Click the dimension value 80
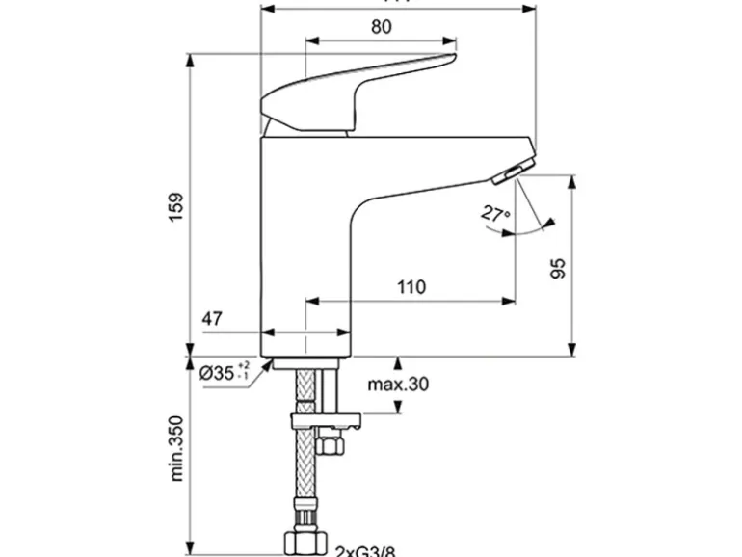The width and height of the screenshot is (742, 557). pyautogui.click(x=381, y=27)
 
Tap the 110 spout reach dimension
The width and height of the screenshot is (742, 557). pyautogui.click(x=411, y=286)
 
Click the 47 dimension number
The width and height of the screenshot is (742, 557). pyautogui.click(x=214, y=318)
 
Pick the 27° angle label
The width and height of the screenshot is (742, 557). pyautogui.click(x=496, y=213)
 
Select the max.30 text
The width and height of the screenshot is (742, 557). pyautogui.click(x=398, y=385)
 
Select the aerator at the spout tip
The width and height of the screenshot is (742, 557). pyautogui.click(x=506, y=173)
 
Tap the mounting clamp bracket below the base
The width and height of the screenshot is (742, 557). pyautogui.click(x=328, y=420)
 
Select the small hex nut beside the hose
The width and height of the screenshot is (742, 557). pyautogui.click(x=330, y=446)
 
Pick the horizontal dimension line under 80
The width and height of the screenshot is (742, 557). pyautogui.click(x=381, y=41)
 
